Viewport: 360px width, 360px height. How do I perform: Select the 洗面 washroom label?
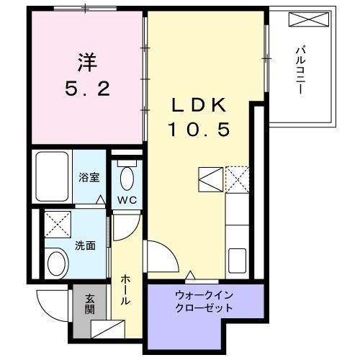85,245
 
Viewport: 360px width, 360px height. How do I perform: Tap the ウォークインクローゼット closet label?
204,300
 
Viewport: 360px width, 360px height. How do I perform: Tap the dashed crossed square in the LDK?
236,178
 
